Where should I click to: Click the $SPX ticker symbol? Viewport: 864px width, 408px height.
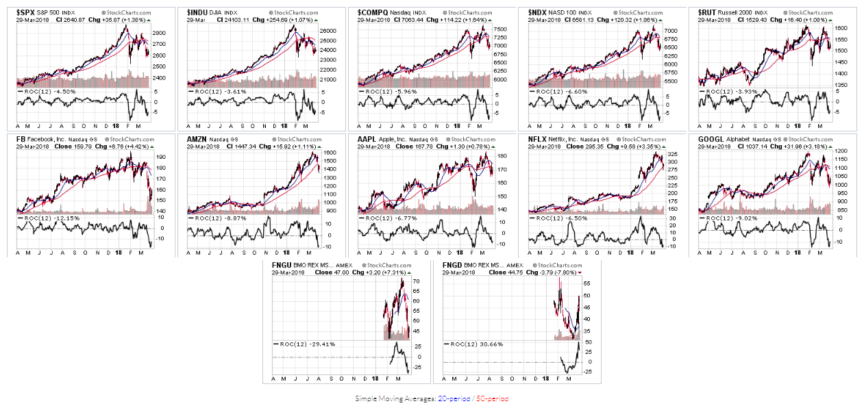click(25, 12)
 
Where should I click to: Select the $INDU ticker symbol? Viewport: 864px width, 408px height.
click(198, 12)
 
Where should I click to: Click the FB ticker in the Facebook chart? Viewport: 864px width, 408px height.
click(21, 139)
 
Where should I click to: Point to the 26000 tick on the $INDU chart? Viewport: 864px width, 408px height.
click(330, 31)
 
